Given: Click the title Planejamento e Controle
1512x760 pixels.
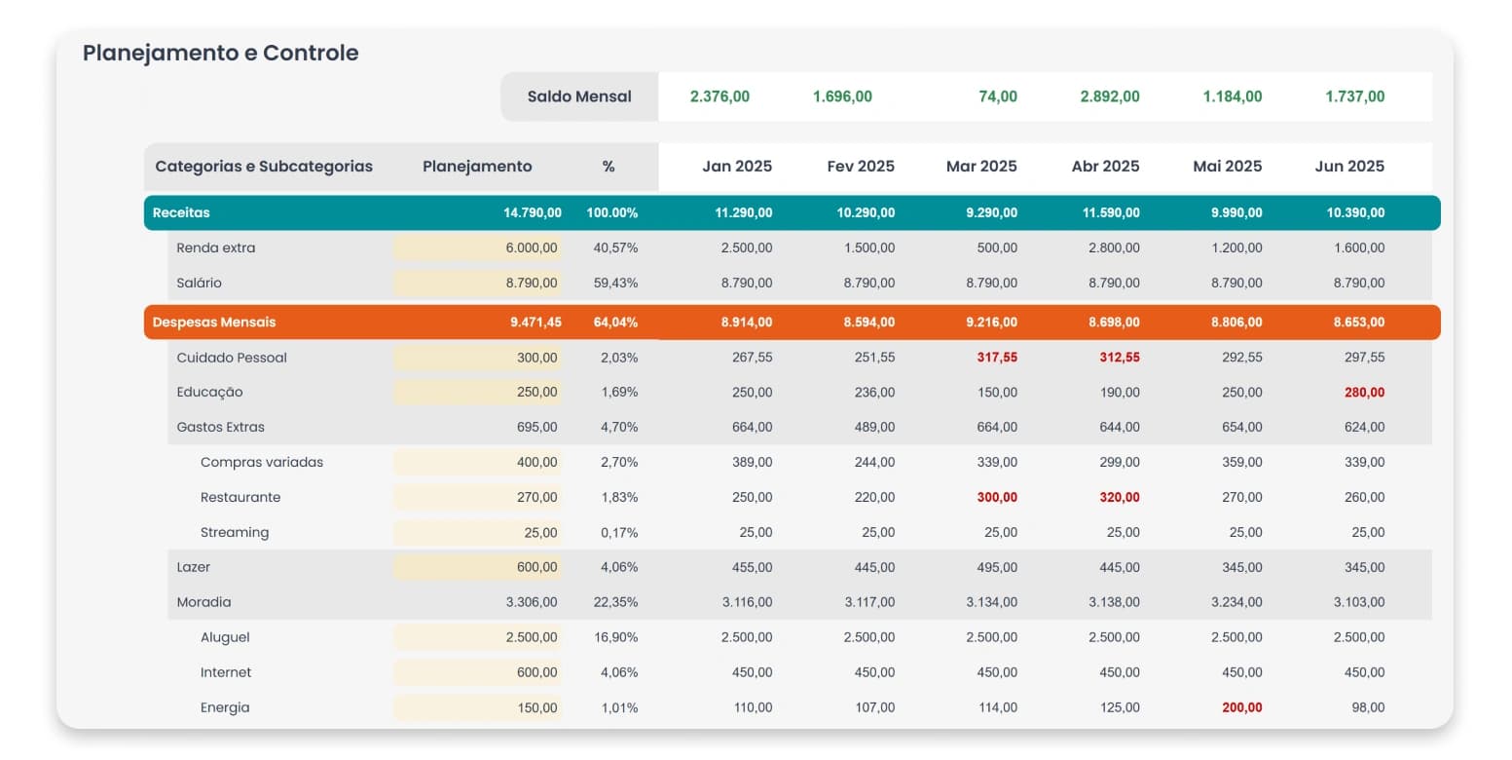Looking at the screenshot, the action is tap(221, 53).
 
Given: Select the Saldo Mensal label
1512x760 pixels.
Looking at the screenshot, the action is tap(579, 96).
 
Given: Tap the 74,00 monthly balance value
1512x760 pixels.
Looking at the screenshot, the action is tap(998, 96).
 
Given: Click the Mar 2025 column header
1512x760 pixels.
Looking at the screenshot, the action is tap(981, 167).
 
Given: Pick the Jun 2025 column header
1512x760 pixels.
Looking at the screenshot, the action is tap(1349, 167).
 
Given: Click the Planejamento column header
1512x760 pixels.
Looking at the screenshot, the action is tap(477, 167).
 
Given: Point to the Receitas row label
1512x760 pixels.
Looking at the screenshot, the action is tap(181, 212).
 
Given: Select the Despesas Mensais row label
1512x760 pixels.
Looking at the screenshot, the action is tap(214, 323).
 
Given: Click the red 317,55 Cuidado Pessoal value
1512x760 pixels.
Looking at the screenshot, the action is tap(997, 358).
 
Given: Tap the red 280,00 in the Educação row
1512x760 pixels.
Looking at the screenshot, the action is tap(1364, 393).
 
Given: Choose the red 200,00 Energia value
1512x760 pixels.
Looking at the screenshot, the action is tap(1242, 708).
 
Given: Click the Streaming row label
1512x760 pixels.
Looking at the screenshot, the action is tap(235, 532).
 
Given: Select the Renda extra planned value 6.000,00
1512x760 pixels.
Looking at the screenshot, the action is tap(532, 247).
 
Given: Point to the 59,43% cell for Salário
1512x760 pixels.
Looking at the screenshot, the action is tap(615, 284).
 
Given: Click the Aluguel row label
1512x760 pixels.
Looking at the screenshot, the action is tap(225, 638).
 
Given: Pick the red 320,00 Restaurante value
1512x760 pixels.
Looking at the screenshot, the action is tap(1119, 498).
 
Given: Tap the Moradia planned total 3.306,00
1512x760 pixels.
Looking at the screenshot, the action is tap(532, 602).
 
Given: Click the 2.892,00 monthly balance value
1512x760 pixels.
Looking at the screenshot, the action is tap(1110, 96).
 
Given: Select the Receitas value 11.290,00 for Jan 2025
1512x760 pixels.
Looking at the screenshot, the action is tap(743, 212).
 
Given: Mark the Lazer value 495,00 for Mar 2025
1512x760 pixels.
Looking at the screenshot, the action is tap(997, 567).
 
